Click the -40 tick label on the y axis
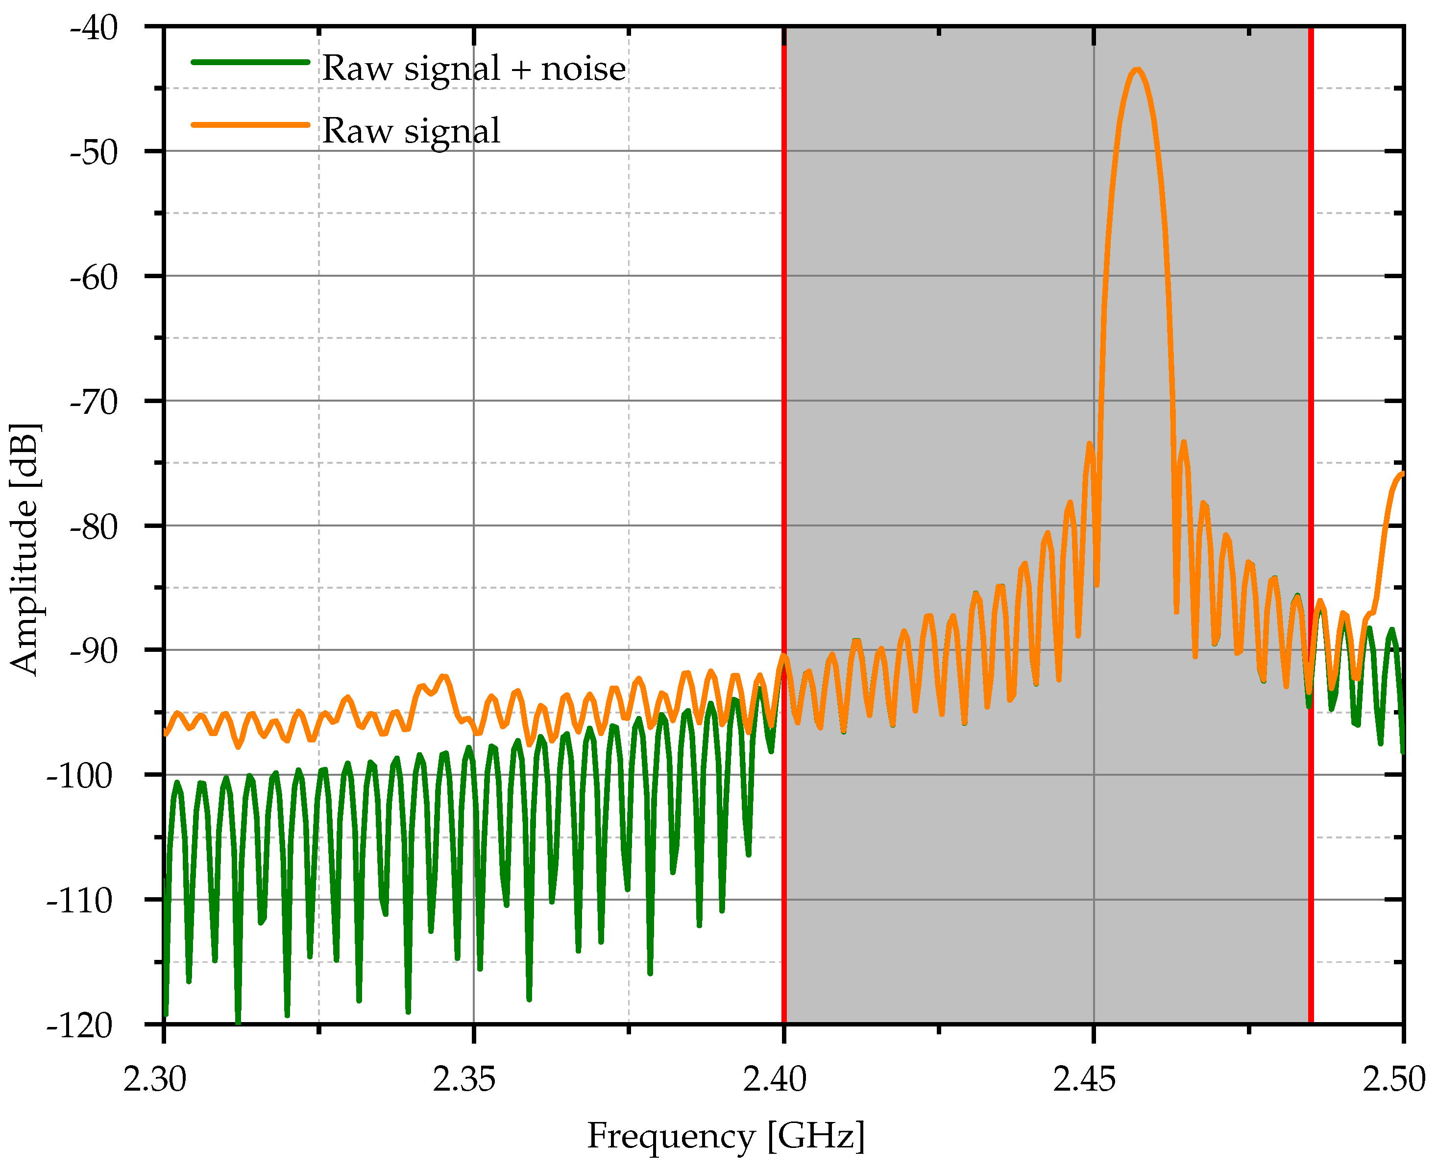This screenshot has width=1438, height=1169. pyautogui.click(x=94, y=28)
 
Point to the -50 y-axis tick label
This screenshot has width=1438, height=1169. pyautogui.click(x=94, y=153)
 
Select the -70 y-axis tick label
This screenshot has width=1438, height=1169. pyautogui.click(x=94, y=403)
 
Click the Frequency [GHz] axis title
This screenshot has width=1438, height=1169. pyautogui.click(x=726, y=1137)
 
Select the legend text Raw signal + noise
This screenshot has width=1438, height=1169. pyautogui.click(x=473, y=68)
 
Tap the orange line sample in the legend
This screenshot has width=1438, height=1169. pyautogui.click(x=250, y=124)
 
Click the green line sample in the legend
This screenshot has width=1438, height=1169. pyautogui.click(x=250, y=62)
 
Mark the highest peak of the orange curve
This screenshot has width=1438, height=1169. pyautogui.click(x=1137, y=70)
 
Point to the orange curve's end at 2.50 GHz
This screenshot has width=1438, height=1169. pyautogui.click(x=1402, y=475)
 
